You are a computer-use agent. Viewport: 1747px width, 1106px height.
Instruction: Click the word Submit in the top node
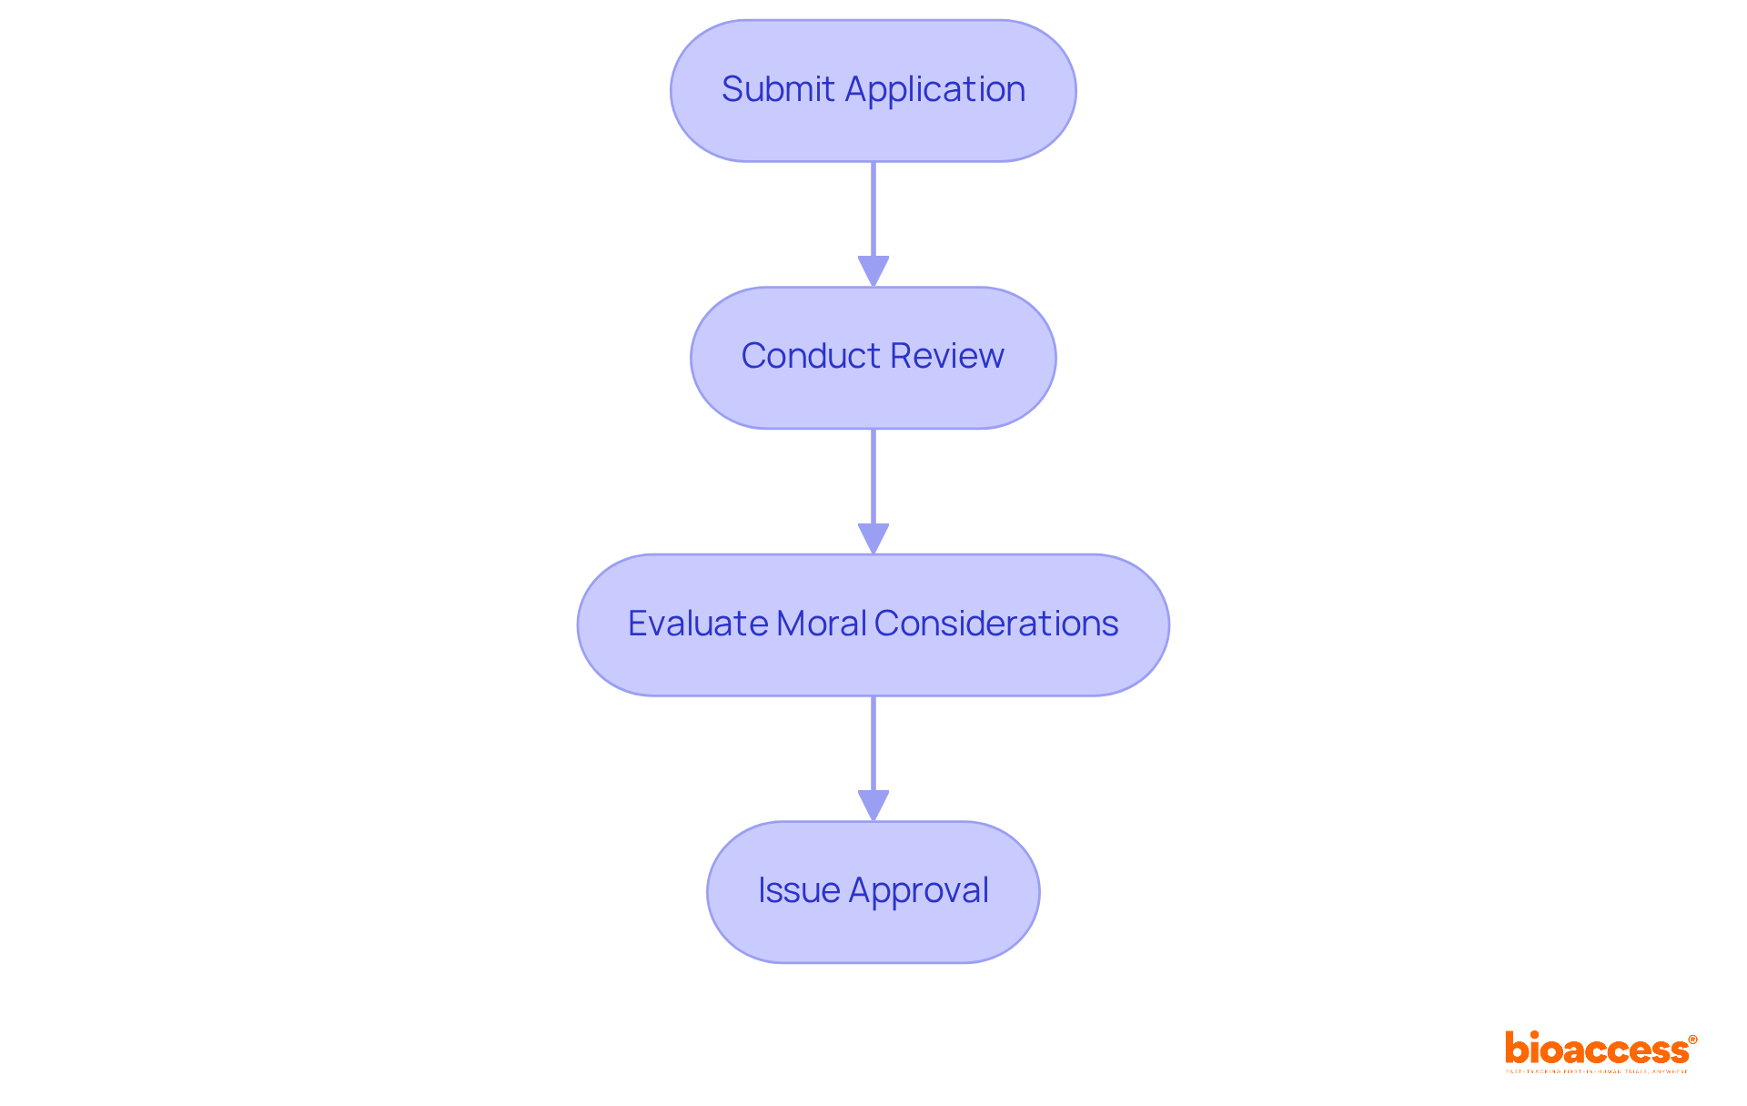click(777, 89)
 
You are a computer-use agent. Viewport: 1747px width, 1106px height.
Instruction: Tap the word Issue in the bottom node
click(798, 890)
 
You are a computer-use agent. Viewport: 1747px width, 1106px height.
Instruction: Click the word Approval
click(918, 890)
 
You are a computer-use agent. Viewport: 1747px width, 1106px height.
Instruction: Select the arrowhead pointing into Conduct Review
click(873, 271)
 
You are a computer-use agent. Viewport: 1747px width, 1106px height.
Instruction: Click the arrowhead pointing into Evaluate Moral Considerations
click(873, 538)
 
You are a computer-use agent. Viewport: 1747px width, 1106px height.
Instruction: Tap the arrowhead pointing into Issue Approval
click(873, 806)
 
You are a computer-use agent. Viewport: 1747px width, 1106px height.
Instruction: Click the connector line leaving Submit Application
click(873, 209)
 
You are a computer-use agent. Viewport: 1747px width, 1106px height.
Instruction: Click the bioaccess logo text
click(1597, 1050)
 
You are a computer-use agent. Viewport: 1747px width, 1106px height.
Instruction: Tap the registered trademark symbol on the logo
click(1692, 1040)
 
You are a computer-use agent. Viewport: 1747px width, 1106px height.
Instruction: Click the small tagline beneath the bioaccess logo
click(1597, 1071)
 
